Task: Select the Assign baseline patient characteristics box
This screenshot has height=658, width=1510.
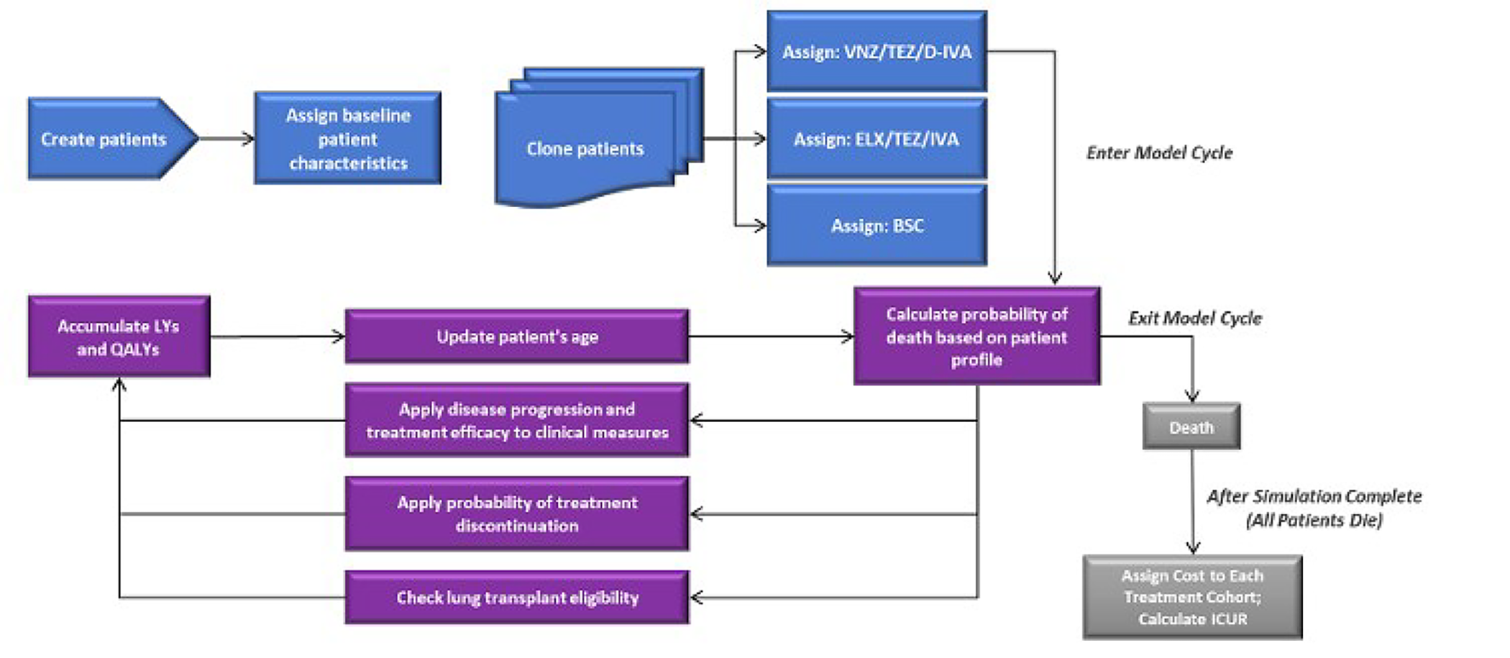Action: click(x=347, y=139)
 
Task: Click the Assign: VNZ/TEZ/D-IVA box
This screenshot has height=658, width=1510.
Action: click(x=877, y=52)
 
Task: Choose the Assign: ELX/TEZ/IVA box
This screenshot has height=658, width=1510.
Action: click(x=877, y=139)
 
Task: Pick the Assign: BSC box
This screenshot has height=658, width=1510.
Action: click(x=877, y=226)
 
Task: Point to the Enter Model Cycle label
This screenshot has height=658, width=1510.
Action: click(x=1158, y=152)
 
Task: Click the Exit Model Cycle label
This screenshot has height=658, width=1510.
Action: click(x=1194, y=318)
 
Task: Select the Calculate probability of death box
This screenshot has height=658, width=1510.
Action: click(x=976, y=337)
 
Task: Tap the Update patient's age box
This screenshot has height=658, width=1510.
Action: click(x=516, y=337)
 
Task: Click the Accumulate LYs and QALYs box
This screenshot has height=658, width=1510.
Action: click(x=119, y=337)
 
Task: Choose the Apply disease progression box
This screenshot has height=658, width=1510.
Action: click(x=516, y=420)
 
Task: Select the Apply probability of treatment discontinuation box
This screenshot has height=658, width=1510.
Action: click(x=516, y=513)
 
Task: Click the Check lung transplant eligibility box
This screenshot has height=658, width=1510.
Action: click(x=516, y=597)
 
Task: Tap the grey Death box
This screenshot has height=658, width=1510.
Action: click(x=1191, y=427)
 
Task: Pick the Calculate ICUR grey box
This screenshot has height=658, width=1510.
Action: click(x=1192, y=597)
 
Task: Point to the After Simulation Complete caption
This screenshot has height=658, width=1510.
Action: click(x=1314, y=508)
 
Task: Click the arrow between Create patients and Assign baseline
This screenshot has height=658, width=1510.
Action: click(x=226, y=139)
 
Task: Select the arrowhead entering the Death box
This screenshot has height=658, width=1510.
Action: click(x=1192, y=396)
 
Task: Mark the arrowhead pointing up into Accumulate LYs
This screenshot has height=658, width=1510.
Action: click(x=119, y=385)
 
